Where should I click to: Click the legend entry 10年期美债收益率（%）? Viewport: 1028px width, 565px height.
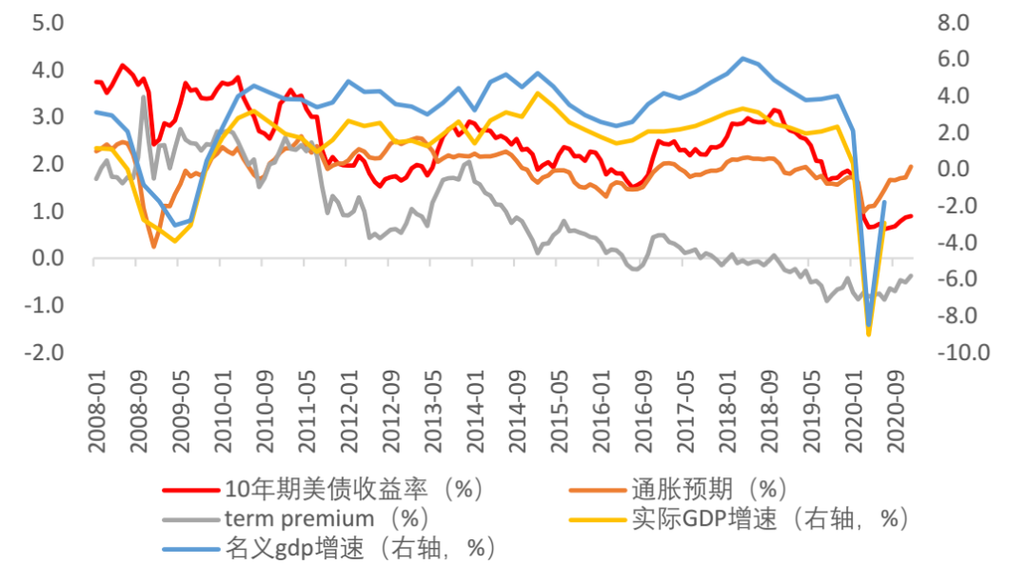click(352, 490)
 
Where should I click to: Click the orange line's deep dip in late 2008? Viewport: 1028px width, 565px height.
click(154, 247)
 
